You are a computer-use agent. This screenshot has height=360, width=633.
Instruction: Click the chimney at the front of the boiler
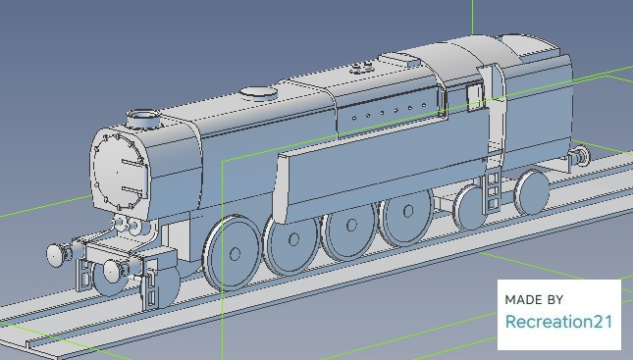143,119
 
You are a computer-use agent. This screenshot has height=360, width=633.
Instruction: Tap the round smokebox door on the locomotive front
119,171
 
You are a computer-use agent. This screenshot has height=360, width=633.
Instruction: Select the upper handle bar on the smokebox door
132,163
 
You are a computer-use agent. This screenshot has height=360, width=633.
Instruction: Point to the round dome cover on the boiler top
259,93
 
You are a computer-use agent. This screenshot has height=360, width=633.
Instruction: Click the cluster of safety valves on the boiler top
361,68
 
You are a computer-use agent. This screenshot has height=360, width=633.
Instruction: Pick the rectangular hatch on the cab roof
413,62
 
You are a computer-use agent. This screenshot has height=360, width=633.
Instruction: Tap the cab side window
475,96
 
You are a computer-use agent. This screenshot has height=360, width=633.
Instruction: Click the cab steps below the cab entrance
492,191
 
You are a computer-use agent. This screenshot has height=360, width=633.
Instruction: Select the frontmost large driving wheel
232,253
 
